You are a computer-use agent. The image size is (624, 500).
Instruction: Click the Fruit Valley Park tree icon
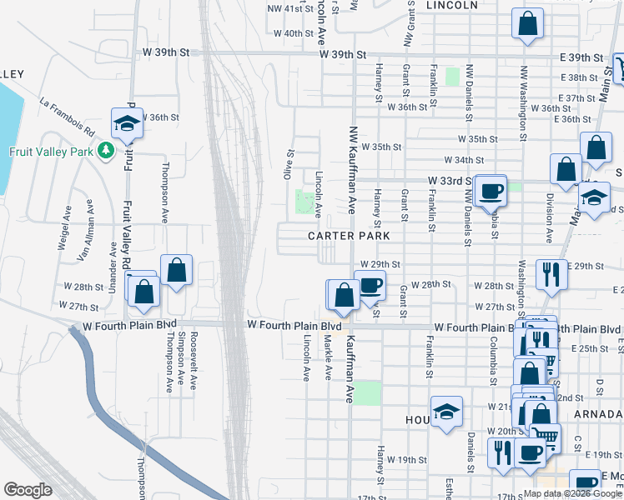[105, 151]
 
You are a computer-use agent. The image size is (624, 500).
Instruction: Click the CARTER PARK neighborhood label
[349, 236]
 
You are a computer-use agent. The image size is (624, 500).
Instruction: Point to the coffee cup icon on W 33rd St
[491, 190]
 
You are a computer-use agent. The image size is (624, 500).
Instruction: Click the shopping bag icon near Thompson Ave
[176, 270]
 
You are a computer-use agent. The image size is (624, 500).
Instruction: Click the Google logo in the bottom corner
[28, 490]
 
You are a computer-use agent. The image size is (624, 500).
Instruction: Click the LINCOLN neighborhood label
[451, 5]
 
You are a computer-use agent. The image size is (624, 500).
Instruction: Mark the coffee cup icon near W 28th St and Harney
[370, 285]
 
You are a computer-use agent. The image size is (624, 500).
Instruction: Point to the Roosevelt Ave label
[194, 361]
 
